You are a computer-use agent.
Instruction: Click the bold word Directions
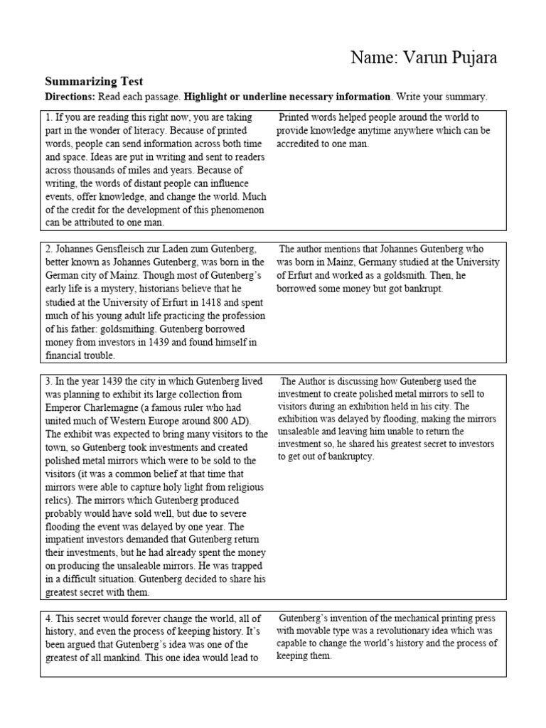pyautogui.click(x=70, y=97)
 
